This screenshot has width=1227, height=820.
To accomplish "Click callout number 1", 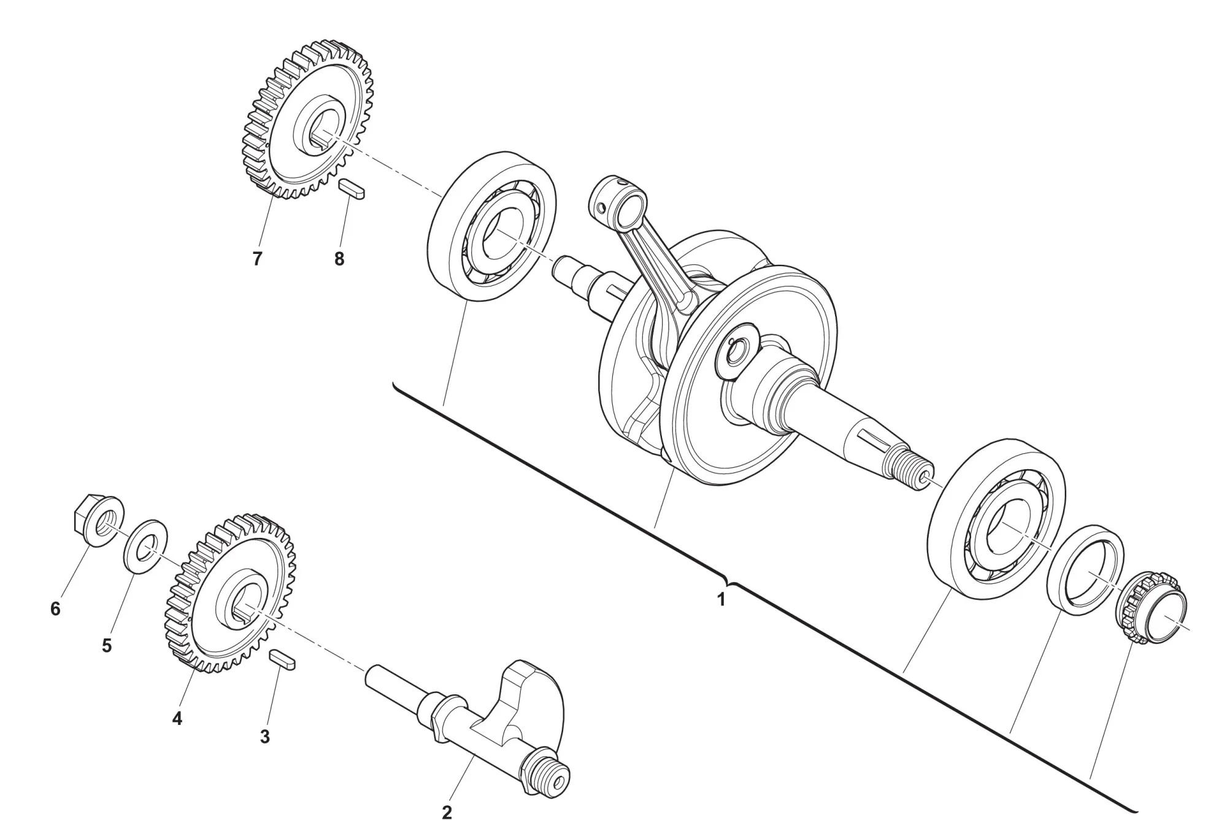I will click(721, 599).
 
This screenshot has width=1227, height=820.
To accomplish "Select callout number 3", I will click(264, 737).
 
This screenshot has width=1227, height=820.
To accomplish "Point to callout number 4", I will click(177, 718).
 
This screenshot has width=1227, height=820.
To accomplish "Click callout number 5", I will click(107, 646).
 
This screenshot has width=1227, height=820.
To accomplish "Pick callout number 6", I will click(55, 609).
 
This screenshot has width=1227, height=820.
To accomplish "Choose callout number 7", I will click(257, 259).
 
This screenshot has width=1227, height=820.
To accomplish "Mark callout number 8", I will click(339, 259).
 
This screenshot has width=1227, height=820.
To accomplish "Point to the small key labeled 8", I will click(353, 189).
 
